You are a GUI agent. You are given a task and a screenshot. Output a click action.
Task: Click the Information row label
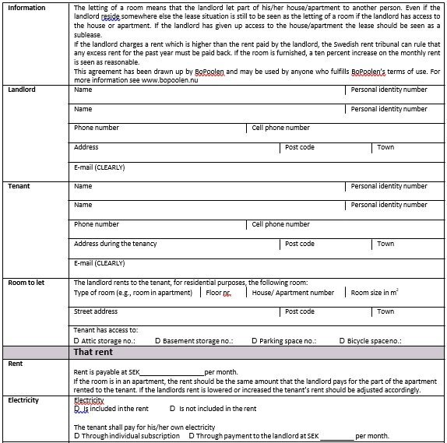[x=26, y=8]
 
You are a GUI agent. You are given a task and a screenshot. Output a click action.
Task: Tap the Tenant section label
[x=19, y=187]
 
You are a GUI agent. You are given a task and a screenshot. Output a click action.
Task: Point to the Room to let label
[x=26, y=283]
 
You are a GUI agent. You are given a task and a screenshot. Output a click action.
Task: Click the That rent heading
[x=93, y=352]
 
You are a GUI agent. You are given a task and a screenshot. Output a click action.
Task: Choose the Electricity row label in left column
[x=23, y=400]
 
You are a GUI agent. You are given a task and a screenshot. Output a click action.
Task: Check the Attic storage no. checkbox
[x=76, y=341]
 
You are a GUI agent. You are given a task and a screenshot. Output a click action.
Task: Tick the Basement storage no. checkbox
[x=159, y=341]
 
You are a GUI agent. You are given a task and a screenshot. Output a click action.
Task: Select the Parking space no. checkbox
[x=254, y=341]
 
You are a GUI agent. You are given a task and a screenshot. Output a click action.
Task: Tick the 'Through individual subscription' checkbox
[x=76, y=436]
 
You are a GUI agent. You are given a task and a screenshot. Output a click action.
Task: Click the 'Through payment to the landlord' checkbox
[x=192, y=436]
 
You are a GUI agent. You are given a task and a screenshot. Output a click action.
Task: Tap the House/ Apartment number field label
[x=293, y=293]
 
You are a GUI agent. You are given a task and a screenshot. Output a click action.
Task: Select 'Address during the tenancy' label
[x=115, y=244]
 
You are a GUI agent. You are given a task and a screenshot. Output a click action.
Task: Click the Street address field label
[x=96, y=311]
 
